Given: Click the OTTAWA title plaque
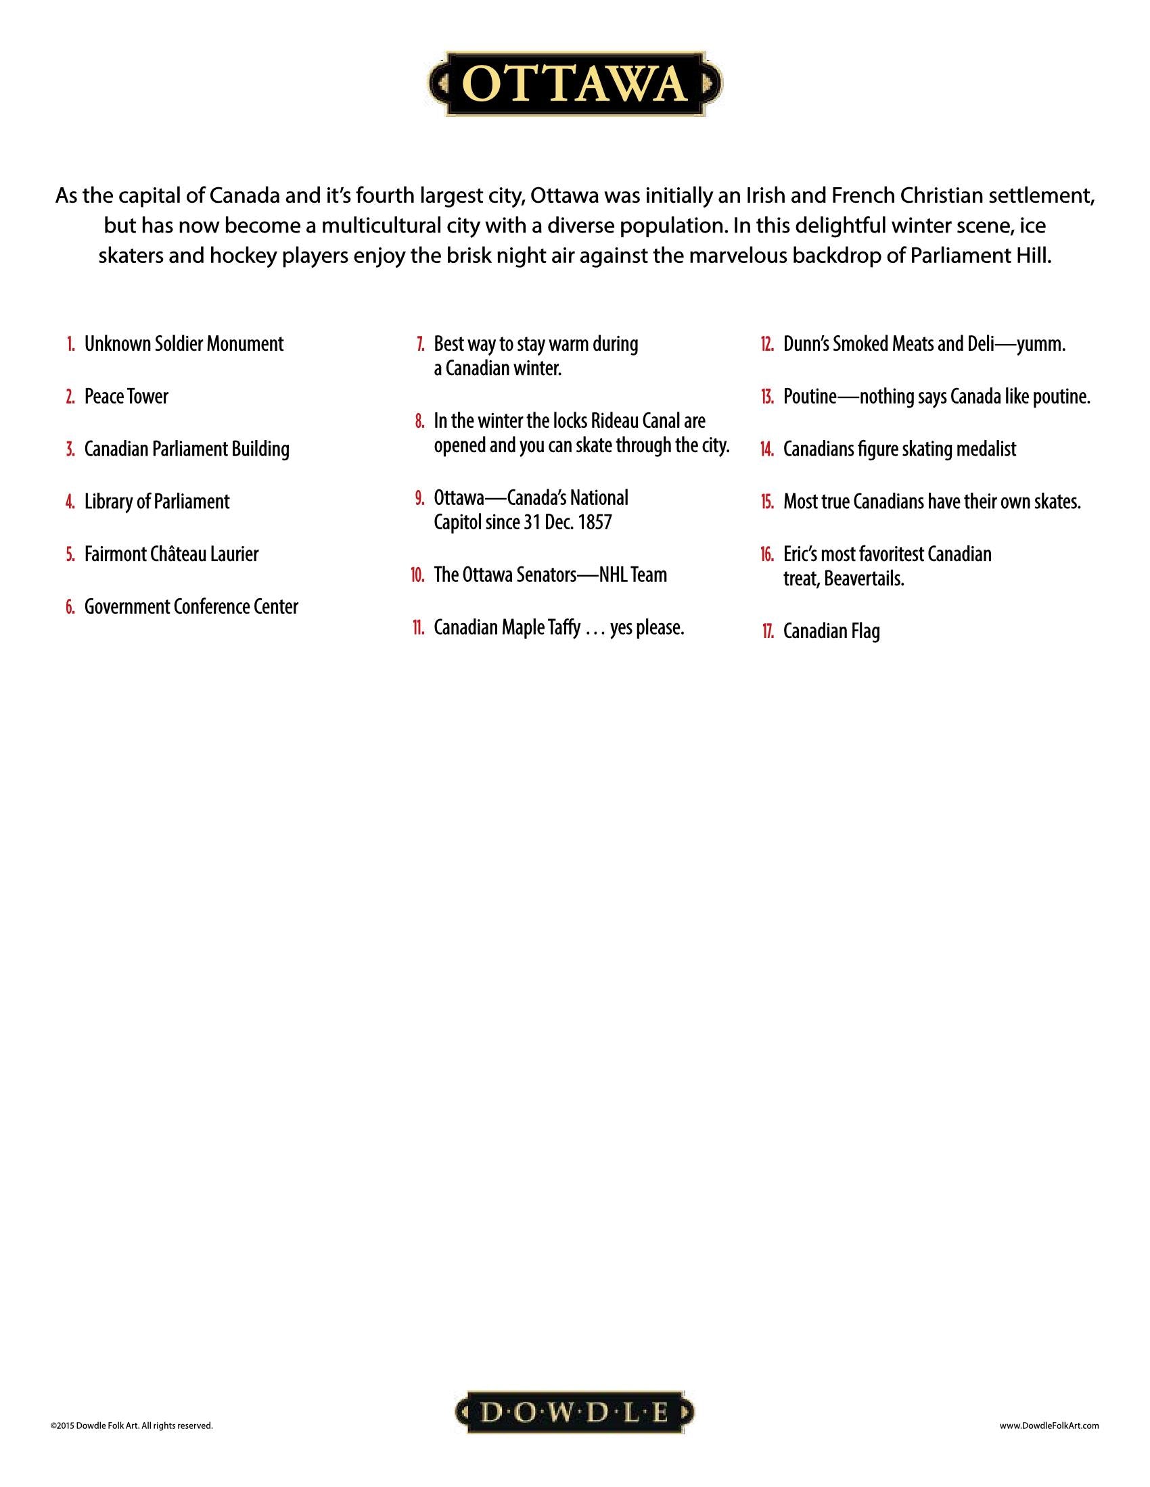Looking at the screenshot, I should pos(574,84).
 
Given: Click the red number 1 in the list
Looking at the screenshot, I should pos(71,344).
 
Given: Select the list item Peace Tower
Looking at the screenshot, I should pos(126,396).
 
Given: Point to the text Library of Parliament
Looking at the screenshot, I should pos(157,502).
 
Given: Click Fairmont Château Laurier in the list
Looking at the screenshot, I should pos(171,554).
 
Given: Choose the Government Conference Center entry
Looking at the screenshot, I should pos(191,607).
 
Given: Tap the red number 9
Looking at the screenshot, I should pos(419,497).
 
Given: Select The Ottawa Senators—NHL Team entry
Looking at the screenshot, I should pos(550,575).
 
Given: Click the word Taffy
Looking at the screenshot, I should pos(563,628).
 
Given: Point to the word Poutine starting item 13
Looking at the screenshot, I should pos(809,396).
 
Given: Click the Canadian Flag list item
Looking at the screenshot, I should pos(831,631).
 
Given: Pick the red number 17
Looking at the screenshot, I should pos(767,632).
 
